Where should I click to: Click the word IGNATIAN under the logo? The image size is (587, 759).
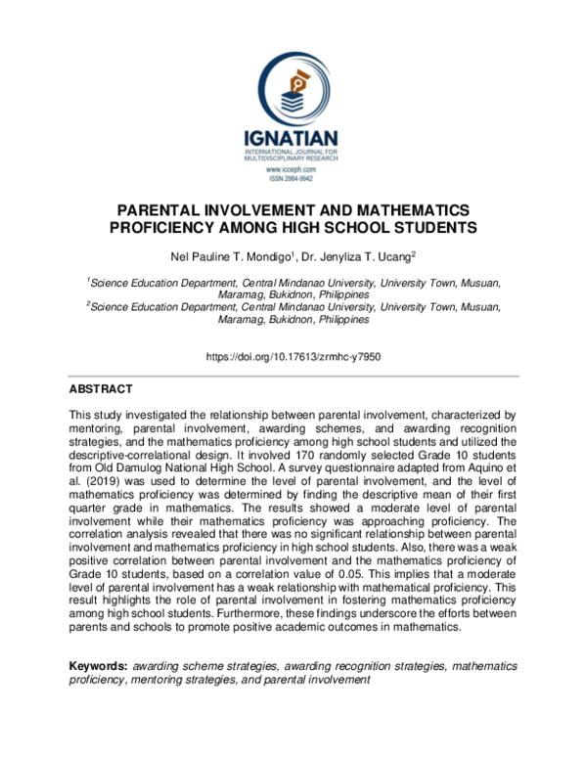pyautogui.click(x=293, y=140)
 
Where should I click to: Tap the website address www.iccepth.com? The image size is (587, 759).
pyautogui.click(x=293, y=170)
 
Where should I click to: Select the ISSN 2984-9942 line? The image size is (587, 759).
pyautogui.click(x=293, y=180)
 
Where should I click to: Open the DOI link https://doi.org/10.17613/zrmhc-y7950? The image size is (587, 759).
pyautogui.click(x=293, y=357)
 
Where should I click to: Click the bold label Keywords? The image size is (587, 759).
pyautogui.click(x=98, y=666)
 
